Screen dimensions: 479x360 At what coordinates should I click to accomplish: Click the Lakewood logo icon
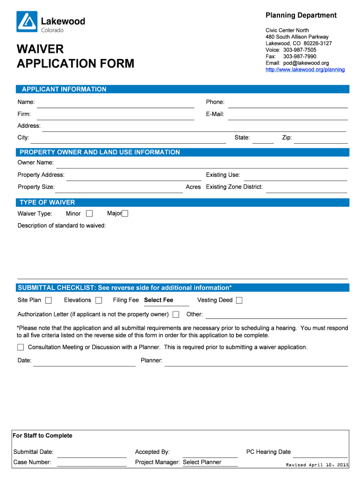(27, 22)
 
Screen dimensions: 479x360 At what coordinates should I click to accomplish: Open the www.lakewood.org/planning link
(305, 70)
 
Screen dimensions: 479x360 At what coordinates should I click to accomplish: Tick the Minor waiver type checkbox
(89, 214)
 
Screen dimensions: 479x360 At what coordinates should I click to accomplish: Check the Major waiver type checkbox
(124, 214)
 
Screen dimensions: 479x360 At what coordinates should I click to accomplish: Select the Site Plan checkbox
(49, 300)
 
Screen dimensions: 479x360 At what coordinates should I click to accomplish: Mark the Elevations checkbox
(99, 300)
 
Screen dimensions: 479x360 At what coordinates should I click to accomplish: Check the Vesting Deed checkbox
(239, 300)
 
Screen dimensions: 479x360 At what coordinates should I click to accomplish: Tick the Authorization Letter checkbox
(176, 314)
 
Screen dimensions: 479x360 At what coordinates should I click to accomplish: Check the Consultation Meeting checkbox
(21, 347)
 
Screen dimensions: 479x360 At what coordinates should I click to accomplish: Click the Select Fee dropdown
(166, 300)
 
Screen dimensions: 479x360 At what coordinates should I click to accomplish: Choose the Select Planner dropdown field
(209, 462)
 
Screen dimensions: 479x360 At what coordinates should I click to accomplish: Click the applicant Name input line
(115, 103)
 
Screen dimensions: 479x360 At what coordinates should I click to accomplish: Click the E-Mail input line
(288, 115)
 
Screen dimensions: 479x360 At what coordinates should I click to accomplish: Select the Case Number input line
(92, 463)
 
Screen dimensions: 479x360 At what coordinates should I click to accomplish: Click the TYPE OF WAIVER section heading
(47, 203)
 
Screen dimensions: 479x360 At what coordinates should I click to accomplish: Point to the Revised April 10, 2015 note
(317, 465)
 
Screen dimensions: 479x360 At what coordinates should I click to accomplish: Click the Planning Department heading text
(301, 15)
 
